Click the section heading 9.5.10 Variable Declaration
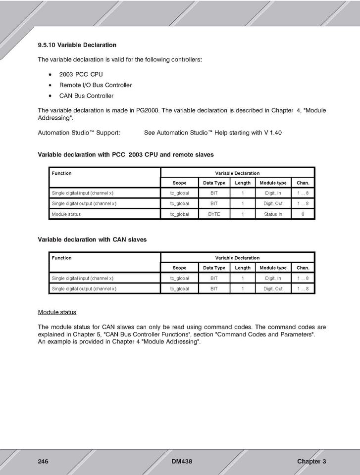[77, 45]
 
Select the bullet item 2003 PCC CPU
[81, 74]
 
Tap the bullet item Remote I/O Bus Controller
[95, 85]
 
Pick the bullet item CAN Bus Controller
[86, 96]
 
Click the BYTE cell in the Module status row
[214, 214]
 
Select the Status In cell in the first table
[273, 214]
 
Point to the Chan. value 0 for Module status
[303, 214]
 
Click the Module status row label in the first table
[66, 214]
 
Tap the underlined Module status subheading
[57, 312]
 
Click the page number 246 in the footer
[43, 462]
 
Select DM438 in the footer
[182, 462]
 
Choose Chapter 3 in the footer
[311, 462]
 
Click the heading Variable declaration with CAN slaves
[92, 239]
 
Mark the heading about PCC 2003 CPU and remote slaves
[126, 155]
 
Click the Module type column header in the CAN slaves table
[273, 268]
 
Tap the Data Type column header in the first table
[214, 183]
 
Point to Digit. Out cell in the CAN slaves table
[273, 288]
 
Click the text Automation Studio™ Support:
[79, 133]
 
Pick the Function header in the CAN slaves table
[61, 258]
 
